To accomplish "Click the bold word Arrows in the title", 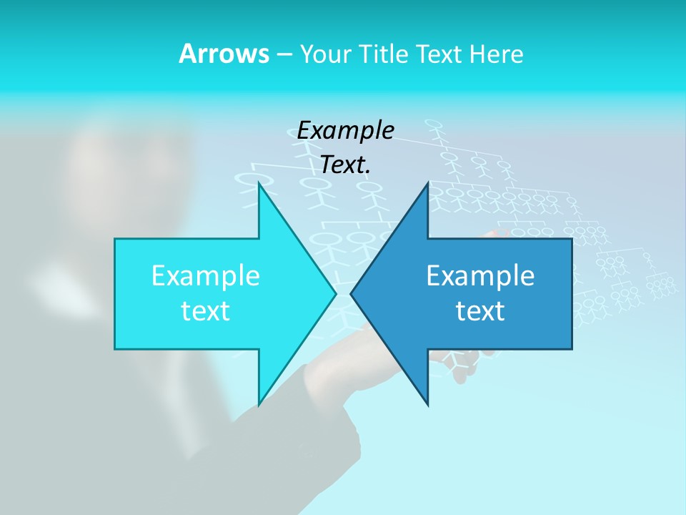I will [x=223, y=54].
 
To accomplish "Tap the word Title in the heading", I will [x=383, y=54].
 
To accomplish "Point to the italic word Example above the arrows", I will [x=345, y=130].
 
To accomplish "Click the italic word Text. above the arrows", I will [x=345, y=165].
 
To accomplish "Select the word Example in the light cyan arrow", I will [x=205, y=276].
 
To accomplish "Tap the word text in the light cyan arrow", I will [x=205, y=311].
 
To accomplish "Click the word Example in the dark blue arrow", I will [x=480, y=276].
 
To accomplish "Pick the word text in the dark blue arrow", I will [x=480, y=311].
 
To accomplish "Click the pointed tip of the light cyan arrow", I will [x=335, y=293].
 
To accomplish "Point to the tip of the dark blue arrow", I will [x=352, y=293].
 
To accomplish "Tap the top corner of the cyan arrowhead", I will [x=259, y=184].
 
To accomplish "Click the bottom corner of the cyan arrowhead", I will [x=259, y=404].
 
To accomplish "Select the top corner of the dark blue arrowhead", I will [x=427, y=184].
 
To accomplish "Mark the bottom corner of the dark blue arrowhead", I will [x=427, y=404].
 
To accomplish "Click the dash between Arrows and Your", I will [x=283, y=54].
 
